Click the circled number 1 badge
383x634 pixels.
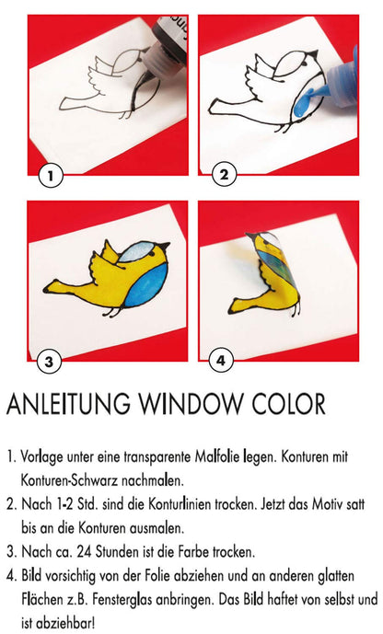click(x=50, y=177)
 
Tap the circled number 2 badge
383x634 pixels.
click(x=223, y=175)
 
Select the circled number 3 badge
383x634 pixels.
click(x=49, y=361)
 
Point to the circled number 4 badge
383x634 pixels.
click(x=221, y=360)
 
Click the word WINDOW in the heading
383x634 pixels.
click(x=191, y=404)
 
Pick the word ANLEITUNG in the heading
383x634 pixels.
click(x=69, y=404)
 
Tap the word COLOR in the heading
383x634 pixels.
click(x=289, y=404)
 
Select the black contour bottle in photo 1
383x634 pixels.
click(x=167, y=40)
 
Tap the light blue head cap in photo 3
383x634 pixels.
click(x=139, y=250)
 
